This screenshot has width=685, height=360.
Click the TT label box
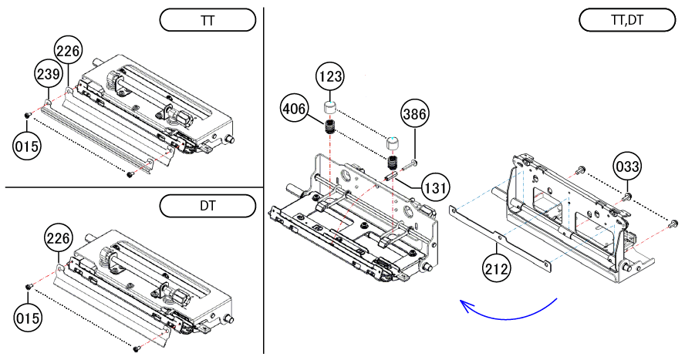[207, 20]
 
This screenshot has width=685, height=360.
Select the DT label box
[207, 206]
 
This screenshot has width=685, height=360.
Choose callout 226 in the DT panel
[59, 238]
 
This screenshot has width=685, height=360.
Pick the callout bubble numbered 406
[295, 109]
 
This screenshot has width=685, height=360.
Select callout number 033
[628, 167]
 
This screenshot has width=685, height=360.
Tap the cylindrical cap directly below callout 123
[330, 106]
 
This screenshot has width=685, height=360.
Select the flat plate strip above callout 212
[501, 236]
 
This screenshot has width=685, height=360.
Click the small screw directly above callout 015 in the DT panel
[29, 286]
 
